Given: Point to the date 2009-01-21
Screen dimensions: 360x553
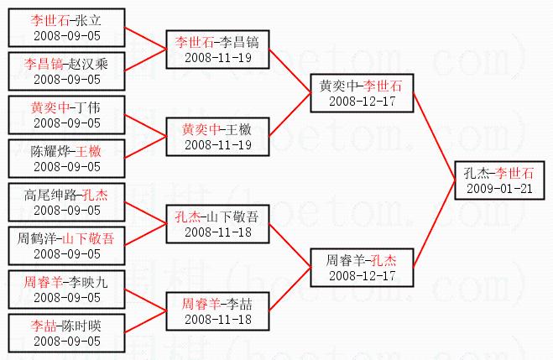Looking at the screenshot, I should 499,188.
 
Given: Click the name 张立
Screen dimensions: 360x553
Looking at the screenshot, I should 86,19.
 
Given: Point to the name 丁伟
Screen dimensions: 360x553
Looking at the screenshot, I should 87,107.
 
